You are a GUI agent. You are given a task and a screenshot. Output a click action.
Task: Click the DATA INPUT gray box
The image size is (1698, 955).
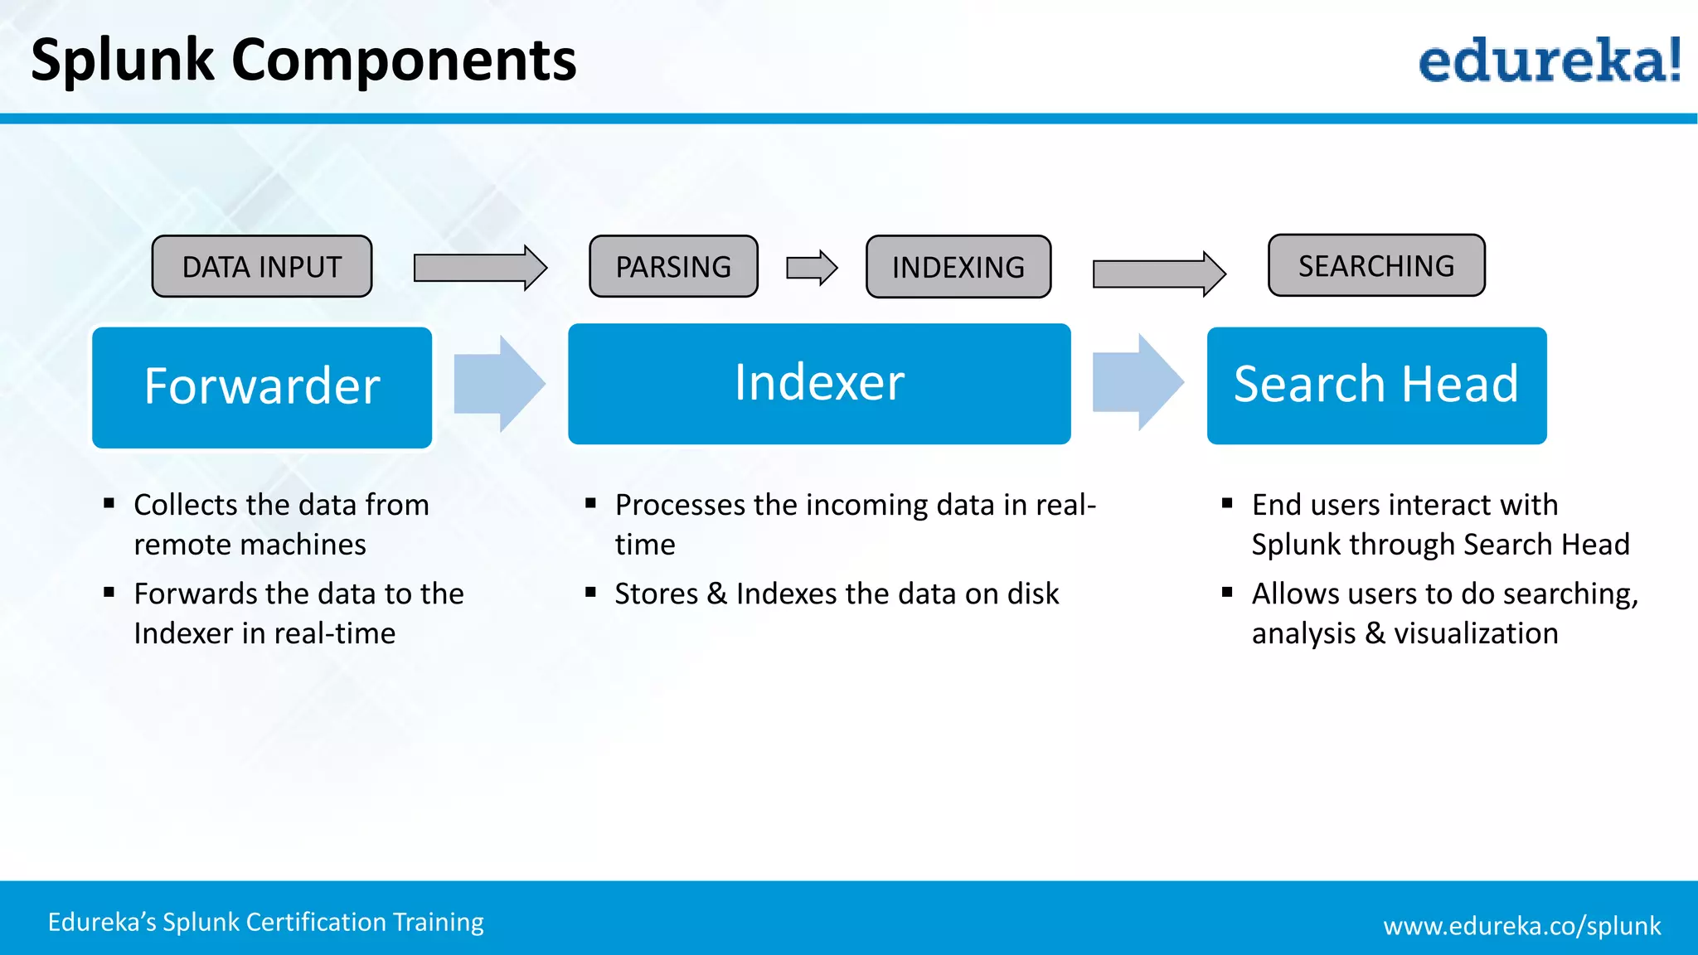262,266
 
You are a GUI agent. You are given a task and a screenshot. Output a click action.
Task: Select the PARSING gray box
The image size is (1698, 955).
673,266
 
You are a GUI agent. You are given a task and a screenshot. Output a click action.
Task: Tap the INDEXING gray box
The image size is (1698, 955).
958,267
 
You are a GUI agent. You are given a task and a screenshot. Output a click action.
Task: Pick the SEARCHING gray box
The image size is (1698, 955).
1376,265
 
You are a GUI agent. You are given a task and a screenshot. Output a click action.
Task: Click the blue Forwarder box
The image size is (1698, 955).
262,387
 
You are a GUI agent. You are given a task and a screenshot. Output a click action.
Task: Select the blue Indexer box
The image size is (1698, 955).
819,384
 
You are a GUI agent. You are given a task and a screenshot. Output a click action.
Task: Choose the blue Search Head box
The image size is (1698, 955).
1376,385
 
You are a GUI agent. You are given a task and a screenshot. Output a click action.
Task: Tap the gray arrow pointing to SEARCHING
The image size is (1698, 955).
1159,273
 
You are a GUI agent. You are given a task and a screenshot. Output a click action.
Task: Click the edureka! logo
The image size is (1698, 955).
1549,61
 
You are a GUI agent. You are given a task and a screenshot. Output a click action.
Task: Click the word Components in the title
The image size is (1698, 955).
404,61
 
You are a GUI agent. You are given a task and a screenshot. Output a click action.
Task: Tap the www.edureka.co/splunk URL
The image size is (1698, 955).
1521,925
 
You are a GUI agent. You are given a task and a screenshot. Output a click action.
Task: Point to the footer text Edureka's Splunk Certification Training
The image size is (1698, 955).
265,922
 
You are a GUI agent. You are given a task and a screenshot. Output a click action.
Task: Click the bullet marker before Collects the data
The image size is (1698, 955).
109,502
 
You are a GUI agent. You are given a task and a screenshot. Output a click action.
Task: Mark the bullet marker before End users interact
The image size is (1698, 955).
1227,502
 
